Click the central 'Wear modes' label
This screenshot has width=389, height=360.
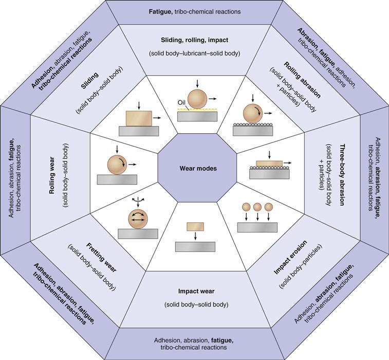coord(194,168)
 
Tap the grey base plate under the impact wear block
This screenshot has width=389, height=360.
coord(194,246)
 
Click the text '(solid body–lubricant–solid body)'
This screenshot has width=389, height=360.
coord(194,53)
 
